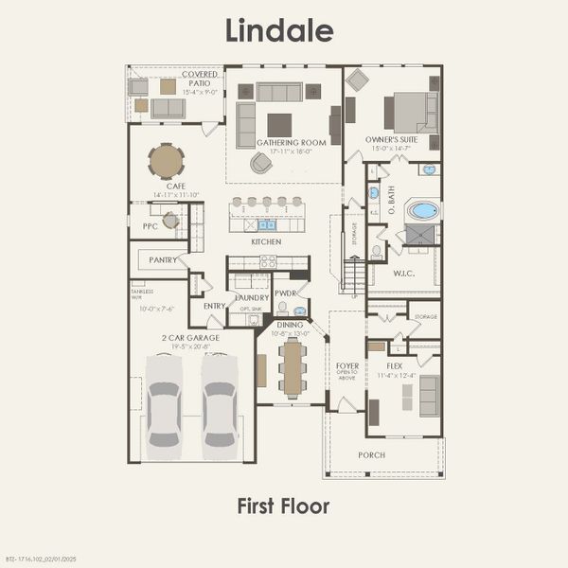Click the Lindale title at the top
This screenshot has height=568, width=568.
(279, 29)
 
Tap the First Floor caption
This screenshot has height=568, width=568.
(283, 506)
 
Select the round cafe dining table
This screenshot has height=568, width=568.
(167, 160)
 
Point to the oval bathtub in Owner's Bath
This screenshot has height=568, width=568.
(422, 210)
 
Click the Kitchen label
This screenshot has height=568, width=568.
(266, 241)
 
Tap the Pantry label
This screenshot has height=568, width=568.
(163, 259)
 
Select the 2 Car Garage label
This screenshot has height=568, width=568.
(190, 338)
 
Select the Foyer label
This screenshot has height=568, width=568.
(347, 364)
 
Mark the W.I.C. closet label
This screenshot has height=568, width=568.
(403, 275)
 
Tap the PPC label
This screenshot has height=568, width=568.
(150, 226)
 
